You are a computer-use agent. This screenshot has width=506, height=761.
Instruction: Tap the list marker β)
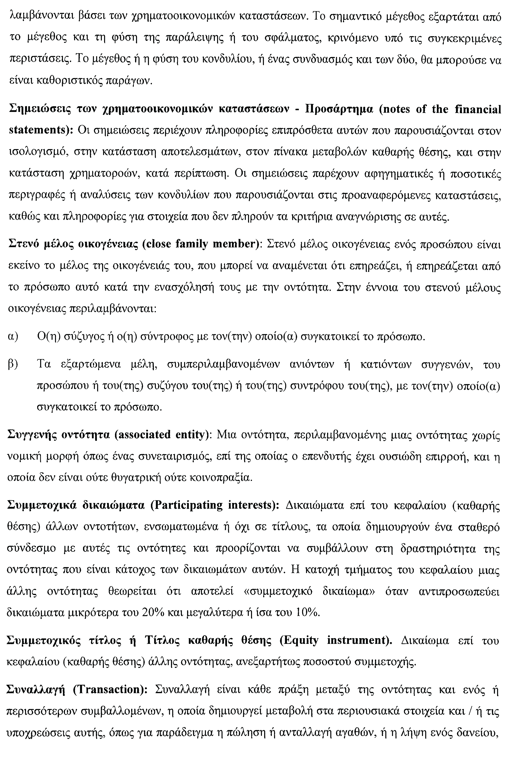(13, 365)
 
